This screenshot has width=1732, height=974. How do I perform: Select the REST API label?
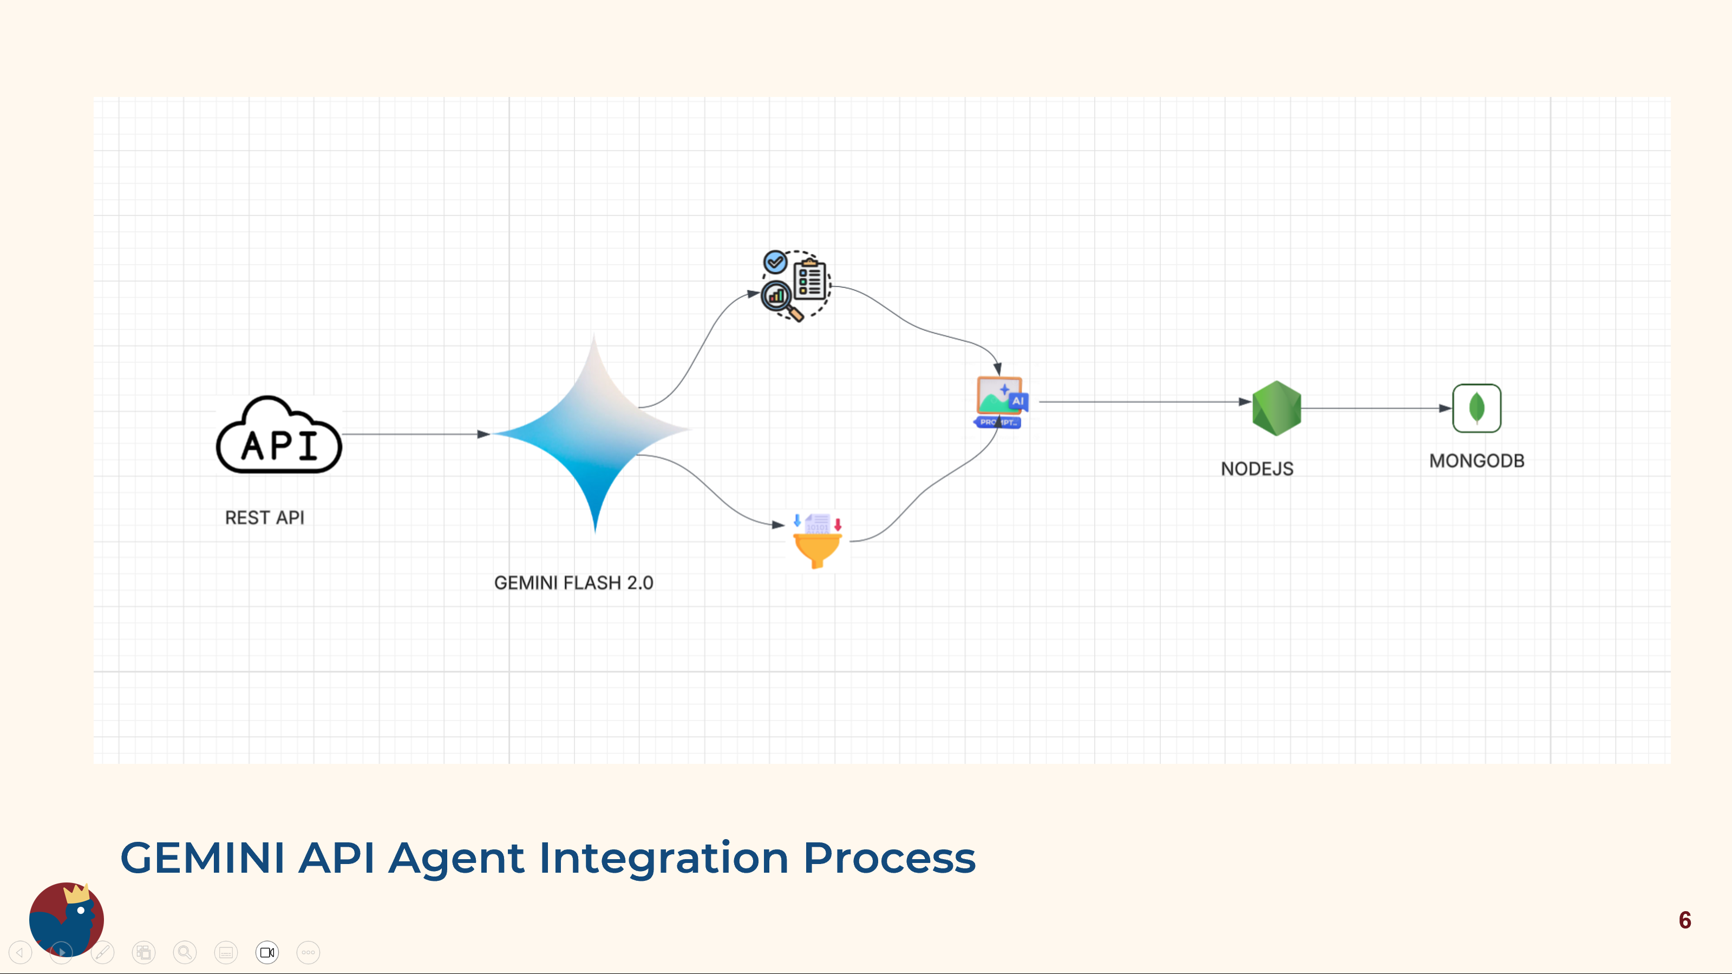(264, 517)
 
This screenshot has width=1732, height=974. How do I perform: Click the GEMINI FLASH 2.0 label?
(573, 582)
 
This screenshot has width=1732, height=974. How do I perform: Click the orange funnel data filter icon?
(818, 542)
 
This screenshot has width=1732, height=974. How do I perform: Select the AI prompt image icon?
(1001, 401)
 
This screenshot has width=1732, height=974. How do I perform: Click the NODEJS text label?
(1257, 469)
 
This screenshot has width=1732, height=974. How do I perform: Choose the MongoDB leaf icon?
(1476, 407)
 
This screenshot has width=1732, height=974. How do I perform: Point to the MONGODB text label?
(1476, 461)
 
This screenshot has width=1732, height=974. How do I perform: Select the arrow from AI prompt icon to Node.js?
(1145, 401)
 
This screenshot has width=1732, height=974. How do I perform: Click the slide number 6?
(1685, 919)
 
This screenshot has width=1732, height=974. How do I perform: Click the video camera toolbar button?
(267, 952)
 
